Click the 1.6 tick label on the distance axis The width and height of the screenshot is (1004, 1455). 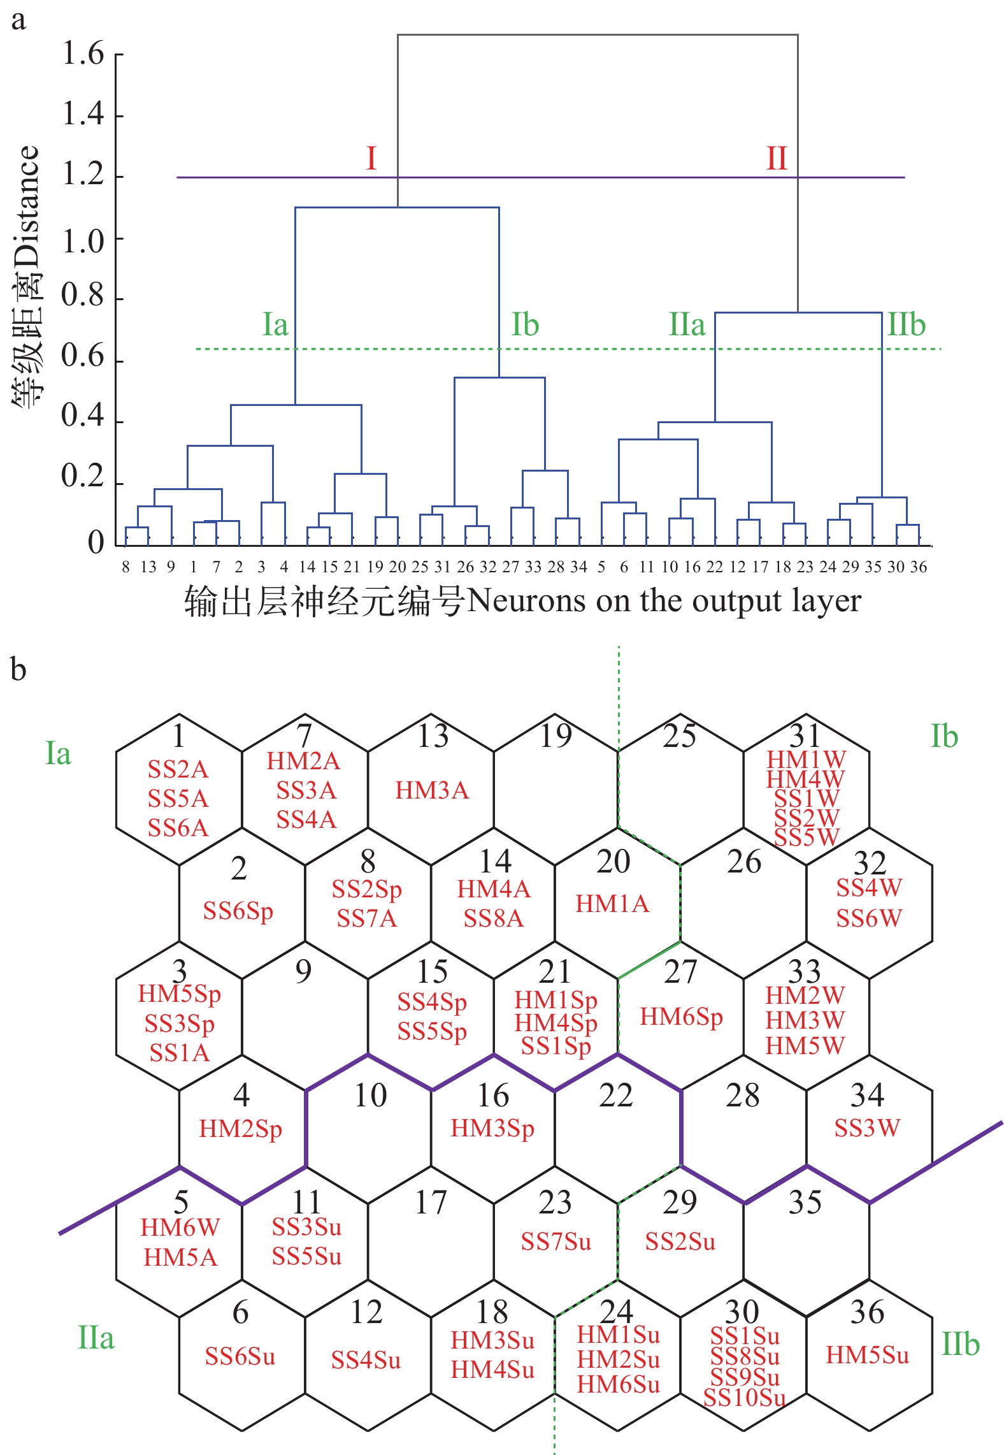click(x=83, y=54)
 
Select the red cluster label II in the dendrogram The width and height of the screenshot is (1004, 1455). click(x=777, y=158)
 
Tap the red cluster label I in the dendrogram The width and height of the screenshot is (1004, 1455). click(x=371, y=158)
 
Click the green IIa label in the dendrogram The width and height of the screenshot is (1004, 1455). click(x=687, y=324)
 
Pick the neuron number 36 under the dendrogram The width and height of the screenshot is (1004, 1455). click(x=919, y=567)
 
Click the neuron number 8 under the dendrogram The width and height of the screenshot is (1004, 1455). click(x=125, y=567)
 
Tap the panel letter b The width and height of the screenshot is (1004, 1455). click(x=18, y=670)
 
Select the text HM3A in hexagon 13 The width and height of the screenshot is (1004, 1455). click(x=431, y=790)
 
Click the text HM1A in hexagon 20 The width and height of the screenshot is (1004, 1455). click(x=612, y=904)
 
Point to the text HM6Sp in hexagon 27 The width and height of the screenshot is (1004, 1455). click(x=681, y=1017)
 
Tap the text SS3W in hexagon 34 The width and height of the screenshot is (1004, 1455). click(x=867, y=1128)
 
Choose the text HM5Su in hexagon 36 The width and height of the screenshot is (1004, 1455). click(x=867, y=1355)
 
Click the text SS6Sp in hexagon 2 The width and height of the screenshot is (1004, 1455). click(x=238, y=911)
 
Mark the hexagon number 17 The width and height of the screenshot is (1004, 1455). click(x=431, y=1203)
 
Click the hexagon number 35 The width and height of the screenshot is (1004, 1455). click(x=805, y=1203)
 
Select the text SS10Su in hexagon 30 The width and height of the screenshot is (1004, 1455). click(x=744, y=1398)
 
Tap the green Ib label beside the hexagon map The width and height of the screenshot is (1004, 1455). click(x=944, y=737)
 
